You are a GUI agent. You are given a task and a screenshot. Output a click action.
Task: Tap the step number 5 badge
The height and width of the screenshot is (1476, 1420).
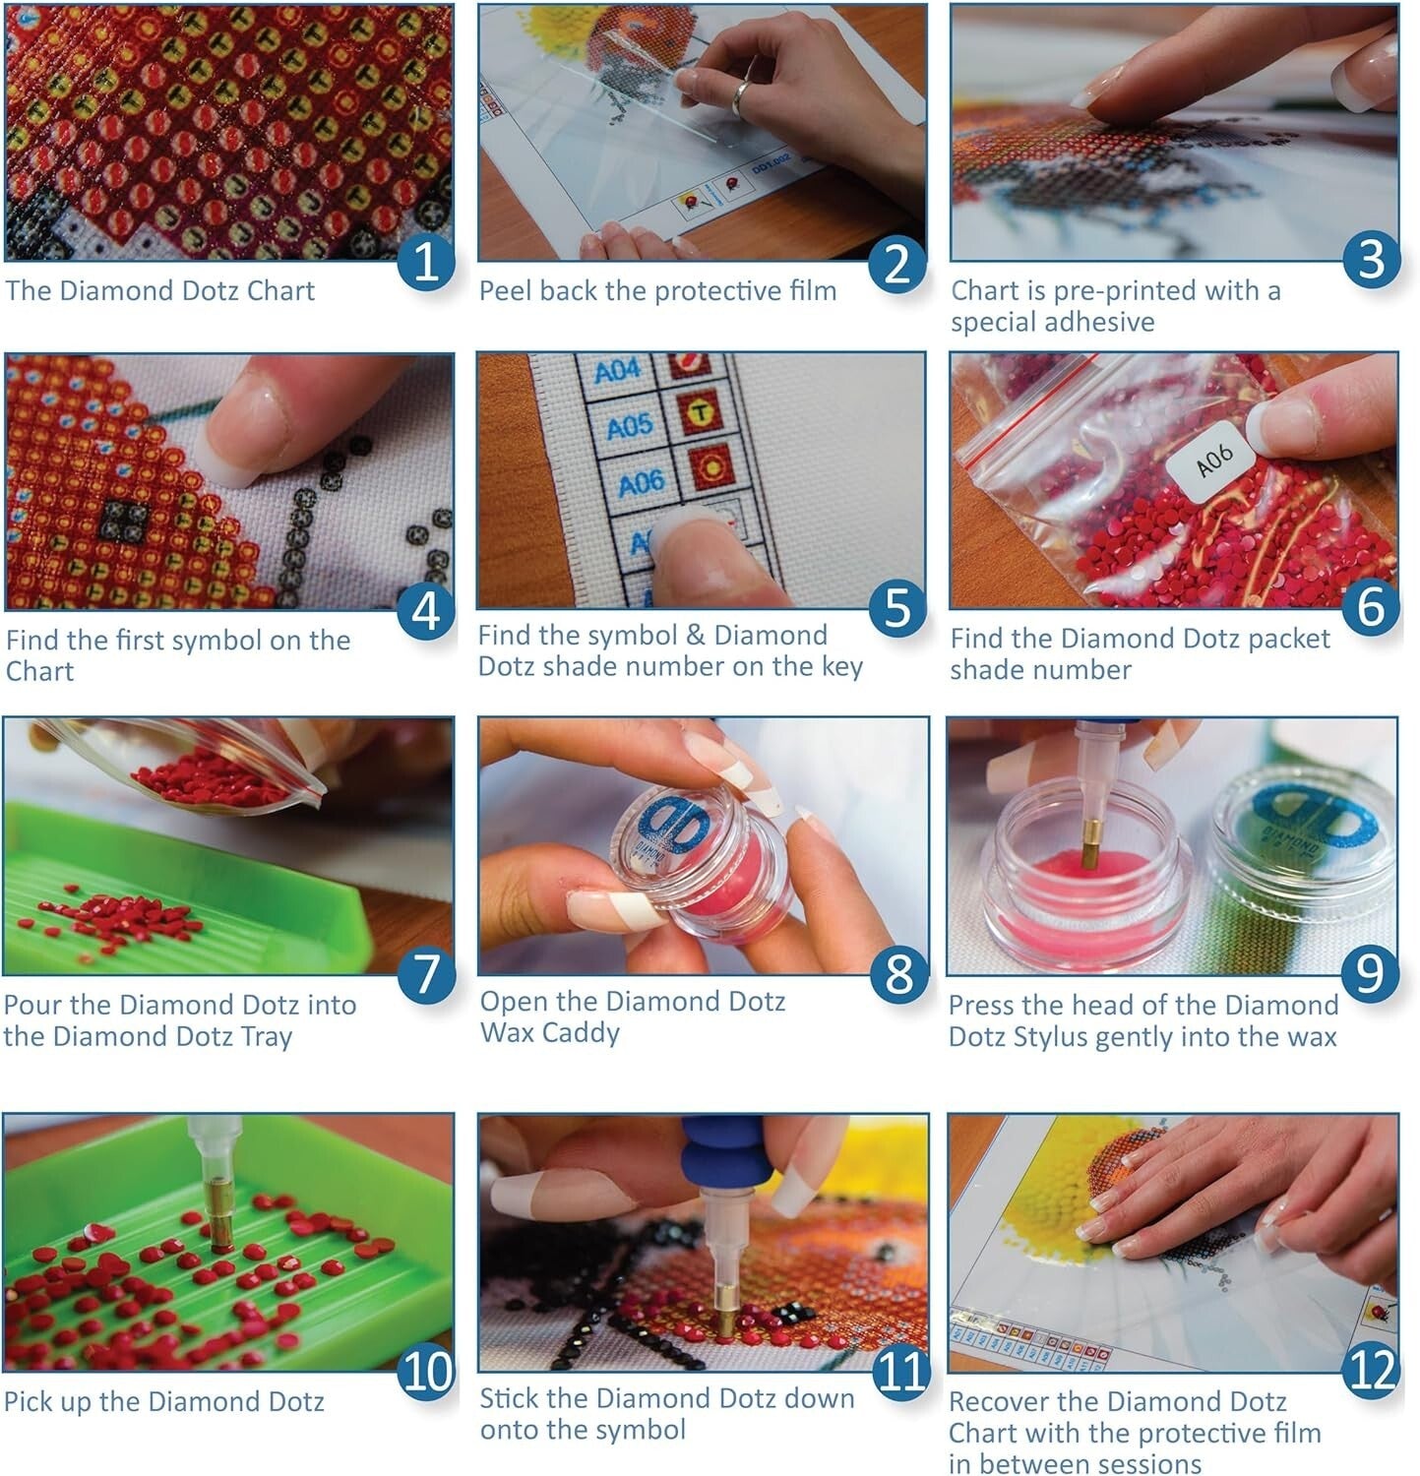[x=897, y=607]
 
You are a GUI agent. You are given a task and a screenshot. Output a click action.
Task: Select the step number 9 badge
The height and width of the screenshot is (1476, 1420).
[x=1370, y=972]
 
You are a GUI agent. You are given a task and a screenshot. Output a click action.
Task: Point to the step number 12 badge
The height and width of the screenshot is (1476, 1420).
[x=1372, y=1370]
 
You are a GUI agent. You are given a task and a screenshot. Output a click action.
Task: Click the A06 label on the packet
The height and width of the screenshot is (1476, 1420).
[x=1213, y=459]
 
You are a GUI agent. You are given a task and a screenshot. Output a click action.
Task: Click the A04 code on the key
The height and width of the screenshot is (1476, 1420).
[x=617, y=371]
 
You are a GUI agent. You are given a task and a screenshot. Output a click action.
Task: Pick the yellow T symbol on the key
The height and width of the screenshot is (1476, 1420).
[x=699, y=413]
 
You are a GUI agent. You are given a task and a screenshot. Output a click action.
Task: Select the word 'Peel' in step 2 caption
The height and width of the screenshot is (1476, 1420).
[x=505, y=291]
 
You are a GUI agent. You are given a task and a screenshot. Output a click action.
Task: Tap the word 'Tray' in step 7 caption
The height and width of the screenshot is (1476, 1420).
[x=266, y=1037]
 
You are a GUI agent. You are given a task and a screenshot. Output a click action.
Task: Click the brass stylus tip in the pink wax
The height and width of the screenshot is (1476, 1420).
[x=1089, y=846]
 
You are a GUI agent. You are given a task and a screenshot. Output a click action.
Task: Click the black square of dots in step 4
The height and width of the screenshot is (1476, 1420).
[x=125, y=522]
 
